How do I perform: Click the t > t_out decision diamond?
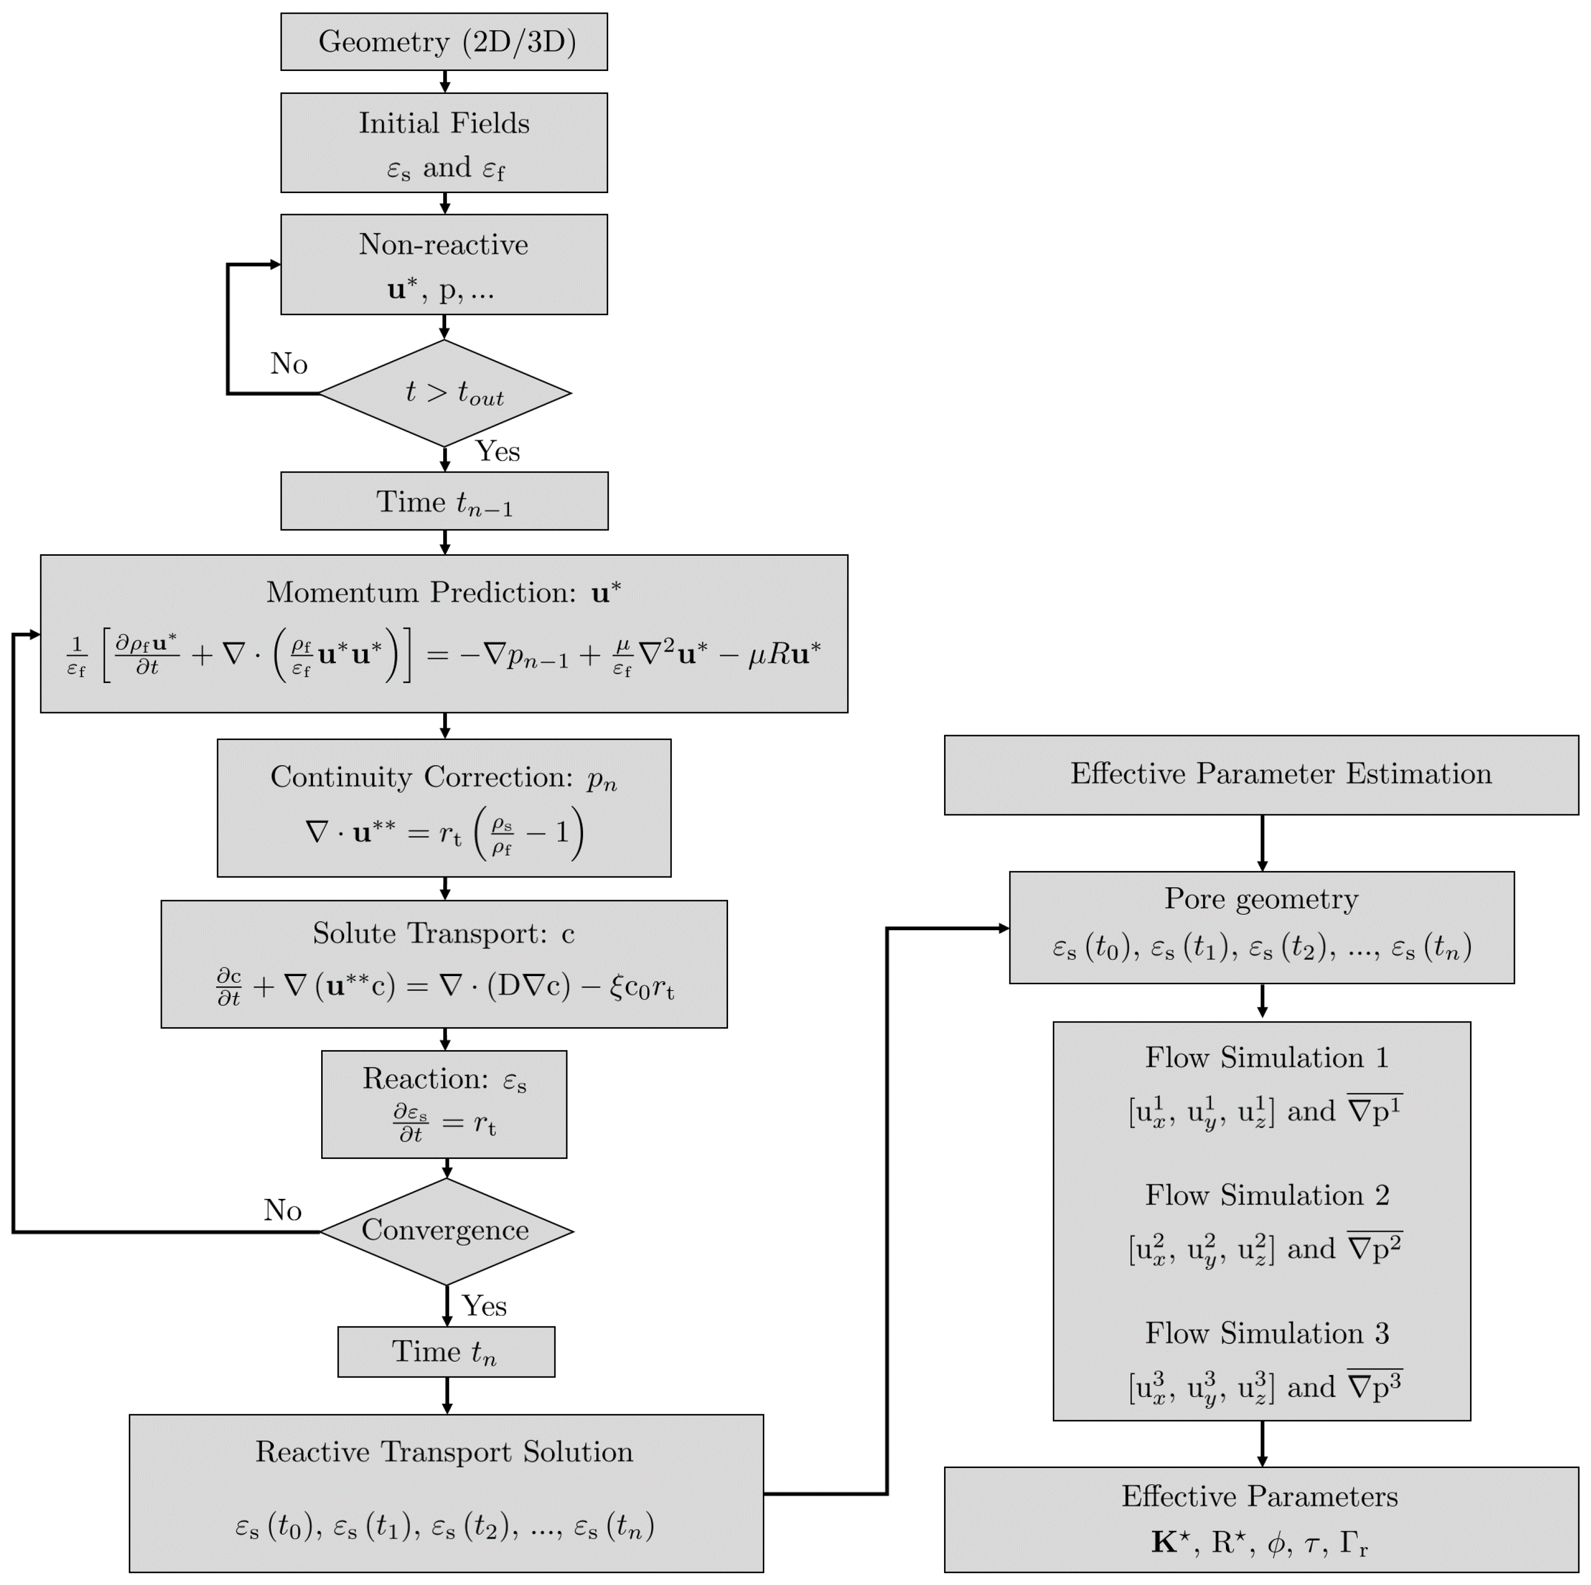point(445,393)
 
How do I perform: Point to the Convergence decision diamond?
point(446,1232)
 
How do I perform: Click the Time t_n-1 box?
point(445,501)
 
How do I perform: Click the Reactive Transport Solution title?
point(445,1452)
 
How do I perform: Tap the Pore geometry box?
point(1262,928)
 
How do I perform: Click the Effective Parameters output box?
point(1262,1520)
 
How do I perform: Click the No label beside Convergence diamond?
point(282,1210)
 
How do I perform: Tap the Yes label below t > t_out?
point(498,452)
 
